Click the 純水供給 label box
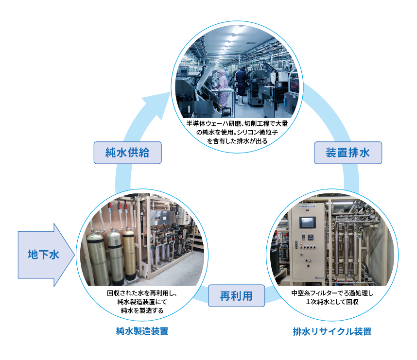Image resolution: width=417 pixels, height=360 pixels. tap(127, 153)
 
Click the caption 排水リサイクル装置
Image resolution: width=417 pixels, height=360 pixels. tap(332, 332)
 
